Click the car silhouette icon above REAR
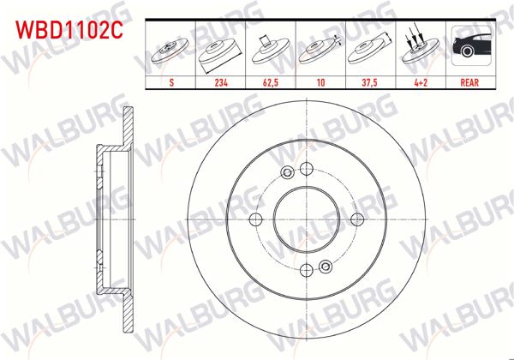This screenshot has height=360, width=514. coord(469,50)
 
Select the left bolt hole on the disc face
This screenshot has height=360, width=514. coord(254,219)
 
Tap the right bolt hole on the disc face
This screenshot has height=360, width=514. coord(357,219)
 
